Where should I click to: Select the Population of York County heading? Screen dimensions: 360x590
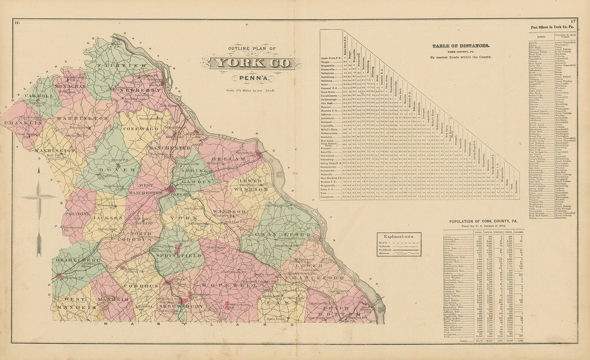(x=482, y=221)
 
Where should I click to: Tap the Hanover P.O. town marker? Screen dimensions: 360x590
(x=60, y=277)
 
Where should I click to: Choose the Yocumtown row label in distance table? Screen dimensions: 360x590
(x=331, y=197)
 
